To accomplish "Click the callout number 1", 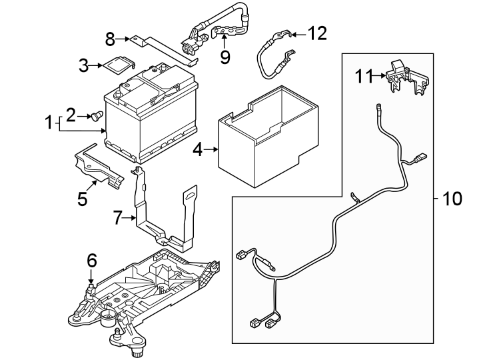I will point(48,123).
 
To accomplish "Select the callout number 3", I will point(83,65).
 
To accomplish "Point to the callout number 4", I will point(197,150).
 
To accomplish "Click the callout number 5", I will point(83,199).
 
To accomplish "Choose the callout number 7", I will point(118,217).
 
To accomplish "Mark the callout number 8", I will point(111,40).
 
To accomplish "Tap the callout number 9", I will point(225,57).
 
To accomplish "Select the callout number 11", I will point(362,77).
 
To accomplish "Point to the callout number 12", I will point(318,33).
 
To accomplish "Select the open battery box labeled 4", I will point(266,140).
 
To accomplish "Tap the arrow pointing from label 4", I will point(213,150).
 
